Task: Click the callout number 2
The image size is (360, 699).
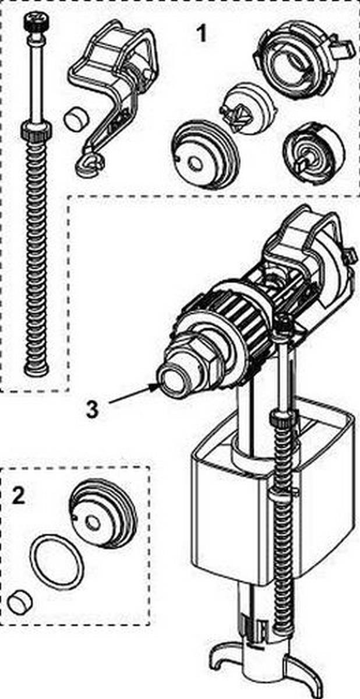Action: point(19,496)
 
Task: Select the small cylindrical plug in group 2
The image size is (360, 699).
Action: point(19,600)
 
